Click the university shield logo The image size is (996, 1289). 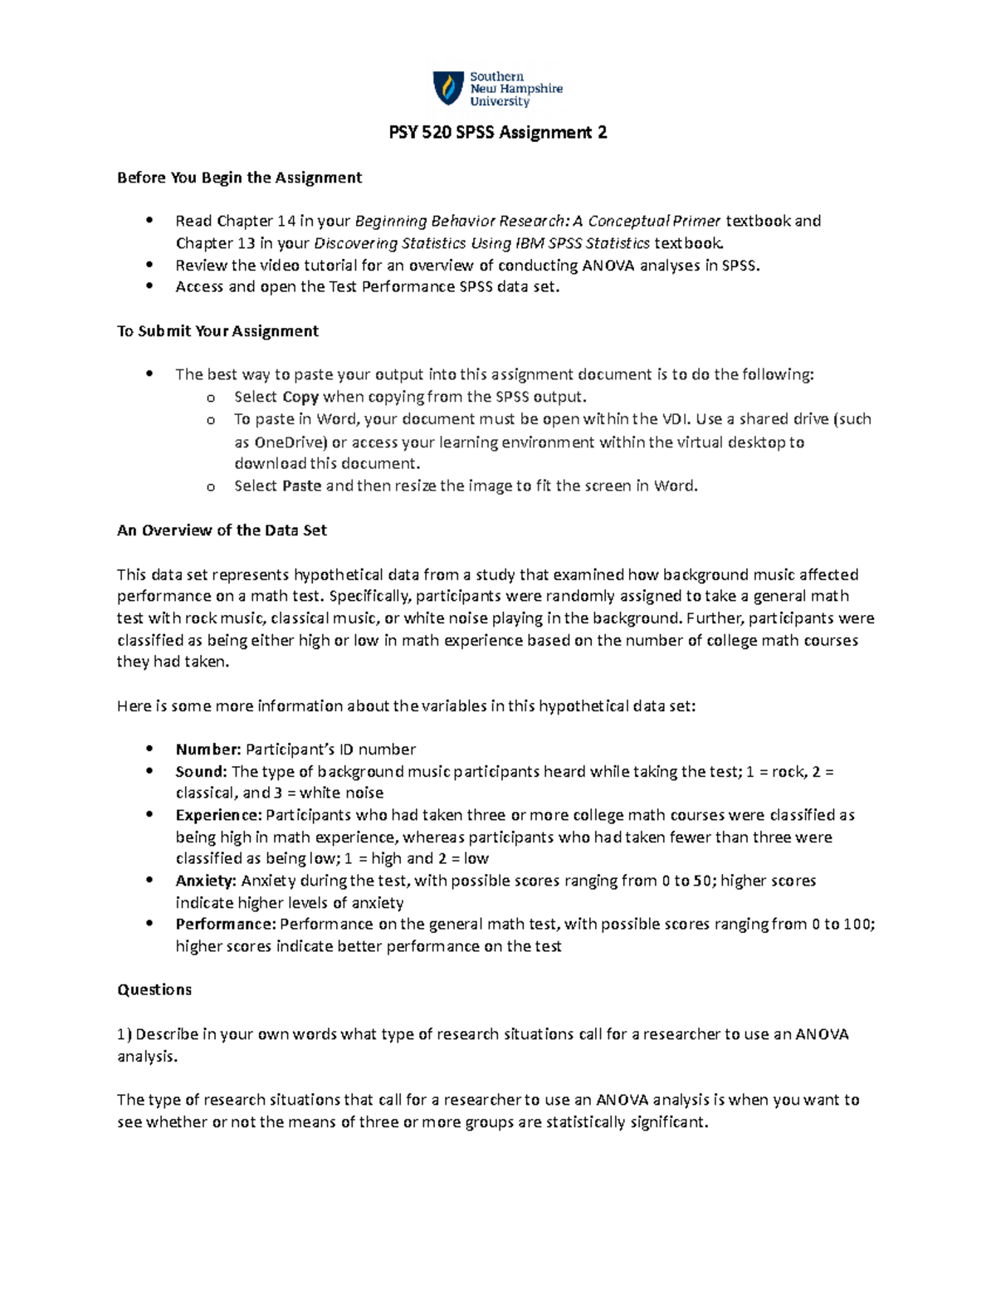click(x=448, y=88)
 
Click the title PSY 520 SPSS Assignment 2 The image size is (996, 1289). click(x=498, y=133)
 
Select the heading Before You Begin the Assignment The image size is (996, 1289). click(x=239, y=178)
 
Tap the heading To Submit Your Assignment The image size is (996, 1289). click(x=217, y=331)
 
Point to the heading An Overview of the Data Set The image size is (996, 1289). click(x=222, y=530)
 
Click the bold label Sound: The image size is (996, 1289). click(x=201, y=772)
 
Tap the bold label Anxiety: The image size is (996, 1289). click(x=206, y=881)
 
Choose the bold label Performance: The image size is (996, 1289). click(x=226, y=925)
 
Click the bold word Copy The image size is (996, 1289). click(x=300, y=397)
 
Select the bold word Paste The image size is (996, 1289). click(x=301, y=486)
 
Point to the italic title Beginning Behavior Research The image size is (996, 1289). click(x=461, y=221)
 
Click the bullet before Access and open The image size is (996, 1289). click(x=149, y=286)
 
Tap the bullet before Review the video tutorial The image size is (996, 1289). click(x=149, y=265)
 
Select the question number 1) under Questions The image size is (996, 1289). click(x=124, y=1034)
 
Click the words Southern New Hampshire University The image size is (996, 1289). click(x=515, y=89)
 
